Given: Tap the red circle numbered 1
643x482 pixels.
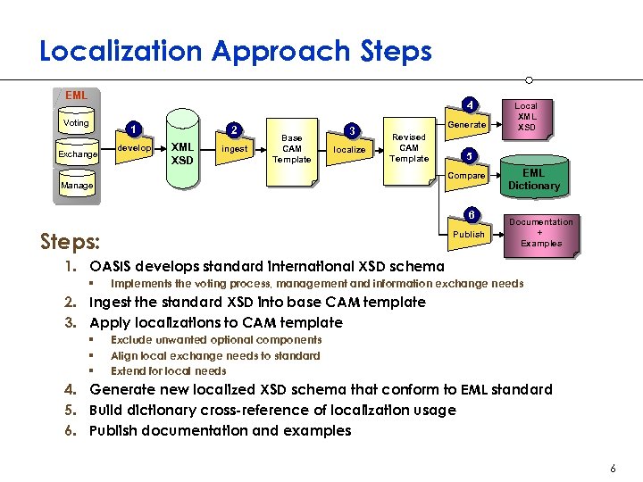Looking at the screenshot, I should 133,128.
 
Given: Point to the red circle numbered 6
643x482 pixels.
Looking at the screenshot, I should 471,215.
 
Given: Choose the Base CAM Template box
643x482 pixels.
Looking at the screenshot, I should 292,149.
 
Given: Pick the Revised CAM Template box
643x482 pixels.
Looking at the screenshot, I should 408,147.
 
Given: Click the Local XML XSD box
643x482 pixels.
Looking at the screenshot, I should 526,117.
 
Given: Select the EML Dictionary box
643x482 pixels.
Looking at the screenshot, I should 533,179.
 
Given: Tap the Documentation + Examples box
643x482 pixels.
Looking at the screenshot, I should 541,232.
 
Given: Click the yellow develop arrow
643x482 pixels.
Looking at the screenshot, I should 135,148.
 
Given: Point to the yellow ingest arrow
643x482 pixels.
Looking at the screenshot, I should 234,149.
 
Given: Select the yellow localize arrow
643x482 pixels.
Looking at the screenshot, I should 349,149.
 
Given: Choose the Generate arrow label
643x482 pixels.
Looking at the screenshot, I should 466,125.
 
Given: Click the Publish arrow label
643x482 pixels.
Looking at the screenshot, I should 469,234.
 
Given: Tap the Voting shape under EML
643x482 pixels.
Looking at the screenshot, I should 77,123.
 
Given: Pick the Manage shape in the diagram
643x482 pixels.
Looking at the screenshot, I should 77,186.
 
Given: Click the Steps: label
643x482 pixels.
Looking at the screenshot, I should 71,241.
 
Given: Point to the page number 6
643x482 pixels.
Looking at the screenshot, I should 613,469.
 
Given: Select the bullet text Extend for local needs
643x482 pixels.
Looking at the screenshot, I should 168,370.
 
